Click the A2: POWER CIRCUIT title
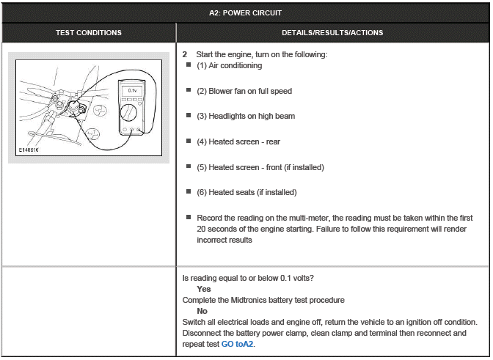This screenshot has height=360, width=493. point(246,12)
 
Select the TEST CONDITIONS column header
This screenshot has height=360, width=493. point(89,32)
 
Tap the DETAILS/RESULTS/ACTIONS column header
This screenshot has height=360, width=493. point(332,32)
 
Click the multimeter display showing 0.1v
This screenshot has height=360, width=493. point(132,90)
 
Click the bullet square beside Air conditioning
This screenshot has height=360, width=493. point(189,65)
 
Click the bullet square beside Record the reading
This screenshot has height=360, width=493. point(189,217)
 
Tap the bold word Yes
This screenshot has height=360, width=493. point(203,289)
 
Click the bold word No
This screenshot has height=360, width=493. point(202,311)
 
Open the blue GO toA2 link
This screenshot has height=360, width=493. point(238,343)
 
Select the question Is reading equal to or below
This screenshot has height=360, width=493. point(249,278)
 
